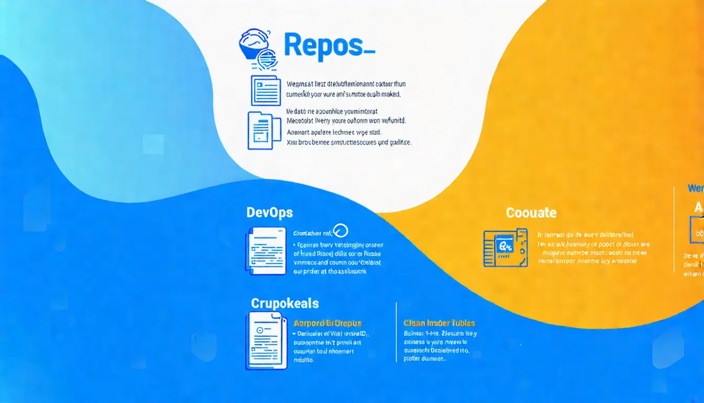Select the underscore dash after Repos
click(x=369, y=52)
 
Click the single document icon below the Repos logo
click(x=266, y=90)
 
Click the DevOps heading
click(x=269, y=213)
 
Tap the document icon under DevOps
click(x=266, y=251)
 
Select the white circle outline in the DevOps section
click(x=341, y=231)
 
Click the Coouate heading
click(x=531, y=213)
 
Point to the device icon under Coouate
click(x=505, y=247)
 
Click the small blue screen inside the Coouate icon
click(x=505, y=245)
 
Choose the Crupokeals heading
click(x=284, y=303)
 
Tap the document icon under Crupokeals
click(x=266, y=341)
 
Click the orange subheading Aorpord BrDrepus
click(x=327, y=323)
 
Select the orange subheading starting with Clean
click(x=439, y=323)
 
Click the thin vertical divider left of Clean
click(x=397, y=332)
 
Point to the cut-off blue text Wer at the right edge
click(x=696, y=188)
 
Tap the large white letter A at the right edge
click(x=699, y=208)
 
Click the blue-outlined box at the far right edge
click(x=697, y=231)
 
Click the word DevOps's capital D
click(x=250, y=213)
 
